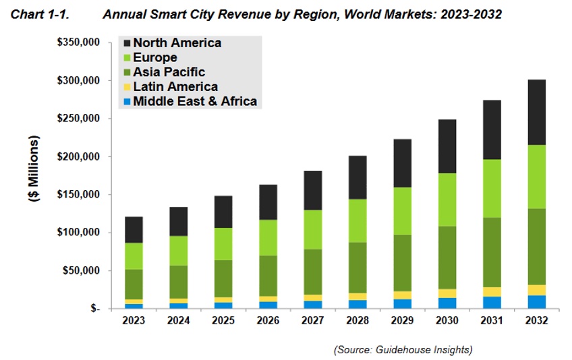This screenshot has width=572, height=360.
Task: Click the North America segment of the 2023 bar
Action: pos(135,230)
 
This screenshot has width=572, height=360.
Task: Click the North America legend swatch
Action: pos(125,43)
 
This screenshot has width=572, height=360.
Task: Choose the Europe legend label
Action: pos(155,58)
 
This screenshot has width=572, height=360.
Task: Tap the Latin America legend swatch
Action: pos(125,87)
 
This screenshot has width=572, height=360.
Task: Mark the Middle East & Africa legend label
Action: pos(195,101)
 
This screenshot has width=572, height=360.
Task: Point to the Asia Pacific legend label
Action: pos(169,72)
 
